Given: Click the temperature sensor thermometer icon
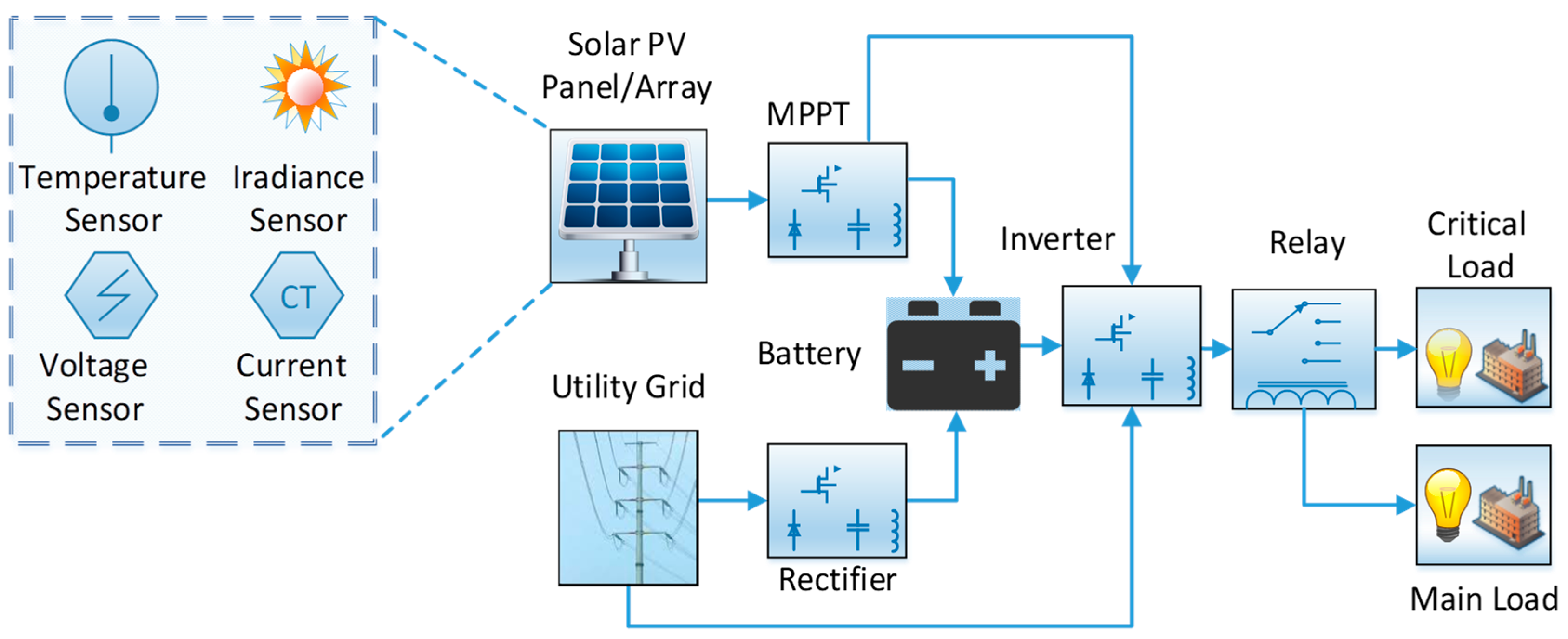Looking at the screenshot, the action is [112, 94].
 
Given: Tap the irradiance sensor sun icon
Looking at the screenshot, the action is [305, 86].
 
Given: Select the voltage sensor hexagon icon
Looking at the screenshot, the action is [112, 295].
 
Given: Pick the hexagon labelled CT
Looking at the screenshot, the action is [297, 295].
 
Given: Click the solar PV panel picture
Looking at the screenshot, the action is [628, 206].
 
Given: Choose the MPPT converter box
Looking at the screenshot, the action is [837, 200].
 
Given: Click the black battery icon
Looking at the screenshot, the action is [953, 355].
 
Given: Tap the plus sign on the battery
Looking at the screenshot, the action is [990, 365].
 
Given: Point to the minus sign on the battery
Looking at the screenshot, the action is [917, 365].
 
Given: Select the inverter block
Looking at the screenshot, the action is [1132, 345].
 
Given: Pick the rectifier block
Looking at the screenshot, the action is [837, 500].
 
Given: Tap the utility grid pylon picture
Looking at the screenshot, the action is [628, 508].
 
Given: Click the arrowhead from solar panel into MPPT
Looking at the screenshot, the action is [758, 200].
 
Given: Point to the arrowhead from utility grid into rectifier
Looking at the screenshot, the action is [758, 500].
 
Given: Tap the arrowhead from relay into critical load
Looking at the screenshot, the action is [1407, 349].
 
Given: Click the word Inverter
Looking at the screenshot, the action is [1058, 238].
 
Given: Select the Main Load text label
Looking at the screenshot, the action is [1484, 599].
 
